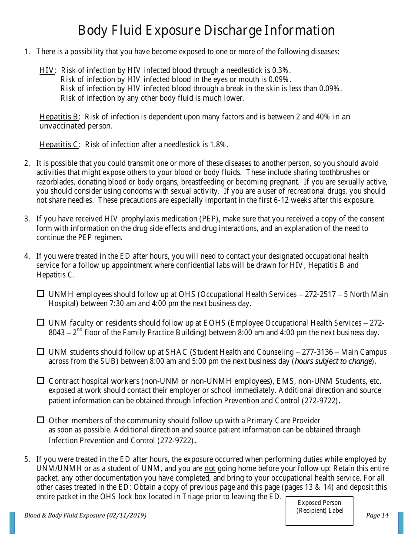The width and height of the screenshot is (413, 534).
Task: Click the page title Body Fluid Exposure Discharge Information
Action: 206,30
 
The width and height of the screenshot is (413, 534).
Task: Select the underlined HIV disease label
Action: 47,70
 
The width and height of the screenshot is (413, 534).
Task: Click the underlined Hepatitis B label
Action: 59,117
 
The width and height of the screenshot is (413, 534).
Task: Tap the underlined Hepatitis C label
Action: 59,145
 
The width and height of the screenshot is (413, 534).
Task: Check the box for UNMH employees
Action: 41,294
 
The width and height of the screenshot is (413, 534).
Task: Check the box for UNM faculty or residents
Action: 41,323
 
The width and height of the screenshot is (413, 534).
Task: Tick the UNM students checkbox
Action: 41,351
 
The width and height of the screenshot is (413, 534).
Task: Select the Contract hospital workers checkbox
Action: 41,381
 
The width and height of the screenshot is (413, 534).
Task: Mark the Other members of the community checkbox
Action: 41,420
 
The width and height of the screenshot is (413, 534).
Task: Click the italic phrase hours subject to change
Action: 333,362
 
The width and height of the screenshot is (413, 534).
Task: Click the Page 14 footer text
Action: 377,516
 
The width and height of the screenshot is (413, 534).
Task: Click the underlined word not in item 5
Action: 210,469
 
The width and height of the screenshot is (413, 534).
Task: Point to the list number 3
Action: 27,219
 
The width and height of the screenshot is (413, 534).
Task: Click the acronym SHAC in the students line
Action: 177,352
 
